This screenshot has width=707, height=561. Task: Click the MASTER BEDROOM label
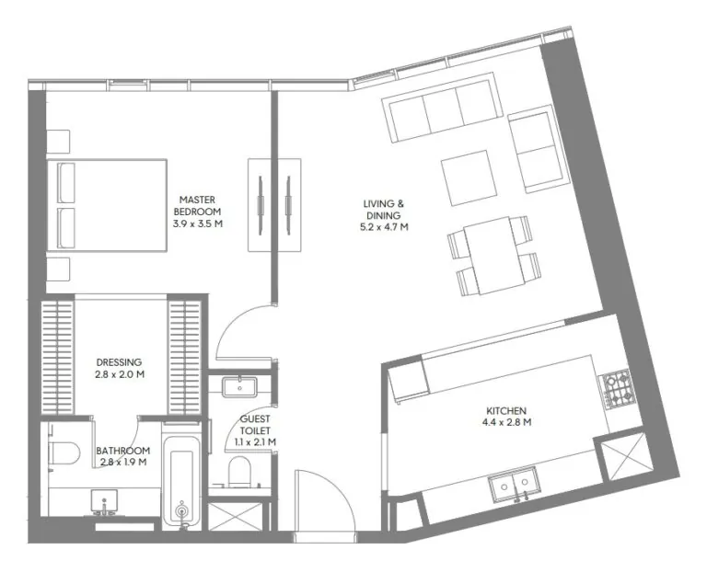click(x=197, y=204)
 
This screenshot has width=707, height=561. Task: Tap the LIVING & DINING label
click(x=384, y=209)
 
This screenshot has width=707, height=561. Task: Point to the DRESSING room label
click(x=120, y=362)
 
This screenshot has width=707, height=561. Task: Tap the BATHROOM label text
click(x=122, y=451)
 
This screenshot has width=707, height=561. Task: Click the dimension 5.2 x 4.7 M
click(x=384, y=226)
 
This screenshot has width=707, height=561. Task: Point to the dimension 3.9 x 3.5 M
click(x=197, y=223)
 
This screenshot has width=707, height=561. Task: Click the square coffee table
click(x=470, y=177)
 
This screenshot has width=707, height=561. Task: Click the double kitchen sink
click(x=514, y=484)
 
